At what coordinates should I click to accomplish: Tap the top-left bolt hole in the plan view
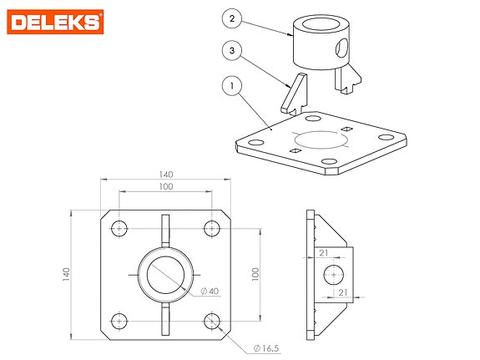(x=120, y=227)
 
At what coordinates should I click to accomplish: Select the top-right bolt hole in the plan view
(x=212, y=227)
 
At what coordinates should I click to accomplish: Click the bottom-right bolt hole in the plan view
(x=212, y=319)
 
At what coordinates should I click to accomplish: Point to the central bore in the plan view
(x=166, y=273)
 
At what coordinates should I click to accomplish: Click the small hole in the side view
(x=333, y=273)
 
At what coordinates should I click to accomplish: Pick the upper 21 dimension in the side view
(x=323, y=252)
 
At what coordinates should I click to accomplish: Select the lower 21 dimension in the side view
(x=342, y=292)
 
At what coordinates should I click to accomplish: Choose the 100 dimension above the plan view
(x=165, y=187)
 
